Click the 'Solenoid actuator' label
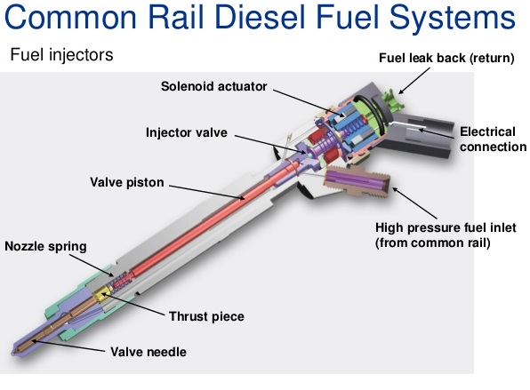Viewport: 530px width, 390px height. (213, 86)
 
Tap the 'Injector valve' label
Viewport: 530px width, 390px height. (187, 132)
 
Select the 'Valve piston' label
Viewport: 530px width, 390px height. (127, 182)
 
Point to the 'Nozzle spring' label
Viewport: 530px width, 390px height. (45, 246)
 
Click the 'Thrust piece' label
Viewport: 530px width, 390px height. (206, 316)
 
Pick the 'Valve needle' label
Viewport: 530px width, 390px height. (149, 352)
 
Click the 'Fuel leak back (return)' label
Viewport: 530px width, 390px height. (446, 58)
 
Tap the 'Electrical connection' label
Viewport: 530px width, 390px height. (493, 139)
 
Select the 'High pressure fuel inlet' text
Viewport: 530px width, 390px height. (446, 227)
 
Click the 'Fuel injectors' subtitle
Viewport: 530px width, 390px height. (61, 55)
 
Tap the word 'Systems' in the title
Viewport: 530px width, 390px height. (453, 19)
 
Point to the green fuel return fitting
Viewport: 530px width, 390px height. (392, 100)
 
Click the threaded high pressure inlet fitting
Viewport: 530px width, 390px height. (357, 181)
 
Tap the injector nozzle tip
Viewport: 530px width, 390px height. (15, 352)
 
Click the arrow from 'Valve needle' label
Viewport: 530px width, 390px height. (68, 346)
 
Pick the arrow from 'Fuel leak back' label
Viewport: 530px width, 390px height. (414, 81)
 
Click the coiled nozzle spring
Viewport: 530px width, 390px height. (120, 281)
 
